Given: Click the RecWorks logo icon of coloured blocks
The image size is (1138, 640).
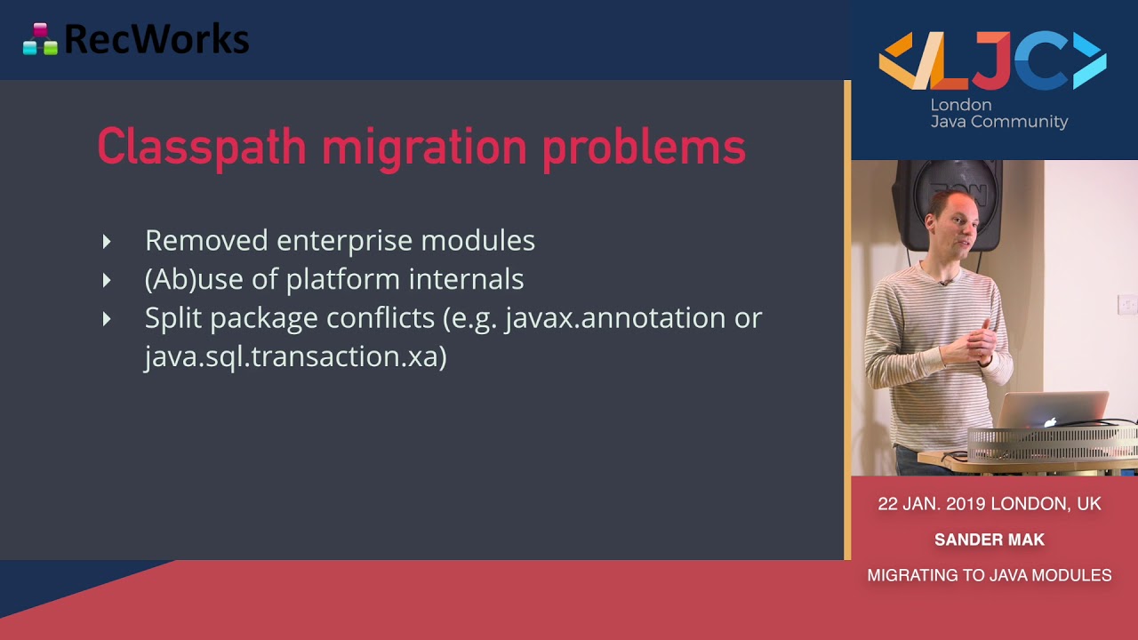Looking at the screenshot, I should [40, 39].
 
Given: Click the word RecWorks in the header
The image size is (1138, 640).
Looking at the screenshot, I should [156, 39].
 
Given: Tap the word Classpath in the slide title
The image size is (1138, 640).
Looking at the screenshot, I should [201, 147].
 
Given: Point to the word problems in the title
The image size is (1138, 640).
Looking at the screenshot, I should [644, 147].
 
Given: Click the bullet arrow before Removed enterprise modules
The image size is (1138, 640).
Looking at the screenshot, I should [107, 241].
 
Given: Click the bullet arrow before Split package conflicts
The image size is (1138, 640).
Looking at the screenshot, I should [107, 318].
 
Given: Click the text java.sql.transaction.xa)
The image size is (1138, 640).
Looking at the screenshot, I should [295, 356].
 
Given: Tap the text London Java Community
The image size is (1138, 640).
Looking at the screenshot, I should [998, 114].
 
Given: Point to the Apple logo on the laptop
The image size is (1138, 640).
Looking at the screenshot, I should [1051, 420].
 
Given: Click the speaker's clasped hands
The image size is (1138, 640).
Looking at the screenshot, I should [979, 342].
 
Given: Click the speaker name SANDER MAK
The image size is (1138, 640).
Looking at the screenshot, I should [990, 540].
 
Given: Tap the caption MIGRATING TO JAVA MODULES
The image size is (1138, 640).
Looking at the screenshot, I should [990, 575].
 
